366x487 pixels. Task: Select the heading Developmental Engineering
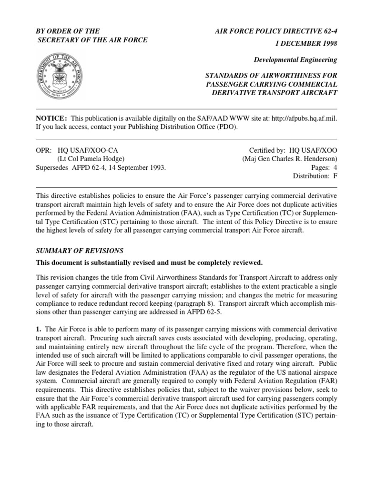point(295,60)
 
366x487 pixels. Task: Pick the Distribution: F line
point(315,176)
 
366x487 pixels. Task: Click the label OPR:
point(43,150)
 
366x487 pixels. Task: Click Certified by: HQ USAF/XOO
point(293,150)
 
